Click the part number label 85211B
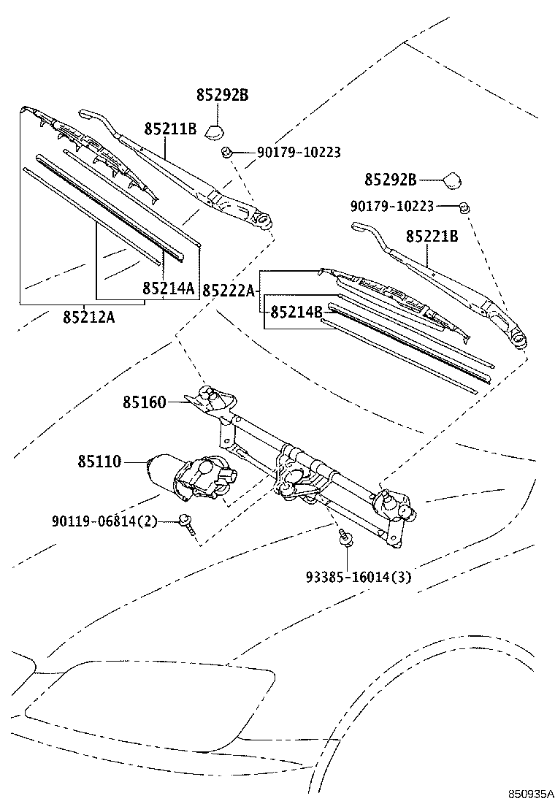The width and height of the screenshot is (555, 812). (x=170, y=129)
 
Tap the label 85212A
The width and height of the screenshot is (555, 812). (x=88, y=318)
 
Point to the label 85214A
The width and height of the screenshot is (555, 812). (x=169, y=288)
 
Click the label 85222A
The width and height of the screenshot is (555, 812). (x=228, y=291)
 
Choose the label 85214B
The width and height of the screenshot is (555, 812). (x=296, y=313)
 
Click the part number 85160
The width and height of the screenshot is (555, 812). (x=144, y=402)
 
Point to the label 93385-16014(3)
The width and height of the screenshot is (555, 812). (x=359, y=577)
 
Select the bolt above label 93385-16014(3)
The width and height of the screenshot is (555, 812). (x=345, y=539)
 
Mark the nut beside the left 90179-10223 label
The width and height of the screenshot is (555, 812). (x=227, y=152)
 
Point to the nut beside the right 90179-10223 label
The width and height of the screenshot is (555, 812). (x=463, y=207)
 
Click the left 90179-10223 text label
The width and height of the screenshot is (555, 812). (x=299, y=153)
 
